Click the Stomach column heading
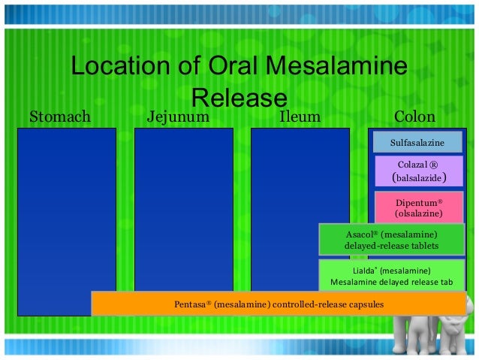[x=59, y=116]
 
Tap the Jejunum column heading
[x=177, y=116]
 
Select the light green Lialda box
[x=391, y=276]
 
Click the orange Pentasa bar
[x=279, y=304]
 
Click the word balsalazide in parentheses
[x=419, y=179]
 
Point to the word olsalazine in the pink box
[x=418, y=214]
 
